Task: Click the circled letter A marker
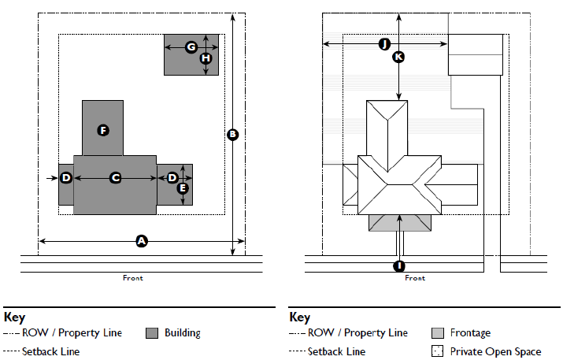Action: [142, 241]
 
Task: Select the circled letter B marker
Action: [232, 135]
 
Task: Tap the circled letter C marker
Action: [115, 178]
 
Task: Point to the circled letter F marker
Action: [102, 129]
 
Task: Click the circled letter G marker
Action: [191, 47]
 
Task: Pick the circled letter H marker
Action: [206, 58]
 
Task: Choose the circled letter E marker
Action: [183, 187]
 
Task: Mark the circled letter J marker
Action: [384, 44]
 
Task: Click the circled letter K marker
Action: [398, 57]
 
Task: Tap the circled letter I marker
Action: [399, 265]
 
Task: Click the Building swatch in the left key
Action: [153, 333]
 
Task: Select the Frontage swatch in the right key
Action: [439, 333]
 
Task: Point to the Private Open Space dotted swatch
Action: [439, 351]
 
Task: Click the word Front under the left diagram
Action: [133, 278]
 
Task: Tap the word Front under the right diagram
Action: [415, 278]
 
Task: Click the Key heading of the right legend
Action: [300, 317]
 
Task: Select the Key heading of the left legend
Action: [15, 317]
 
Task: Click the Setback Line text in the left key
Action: [51, 351]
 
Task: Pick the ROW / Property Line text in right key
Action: [357, 333]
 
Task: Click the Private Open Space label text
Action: [496, 351]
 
